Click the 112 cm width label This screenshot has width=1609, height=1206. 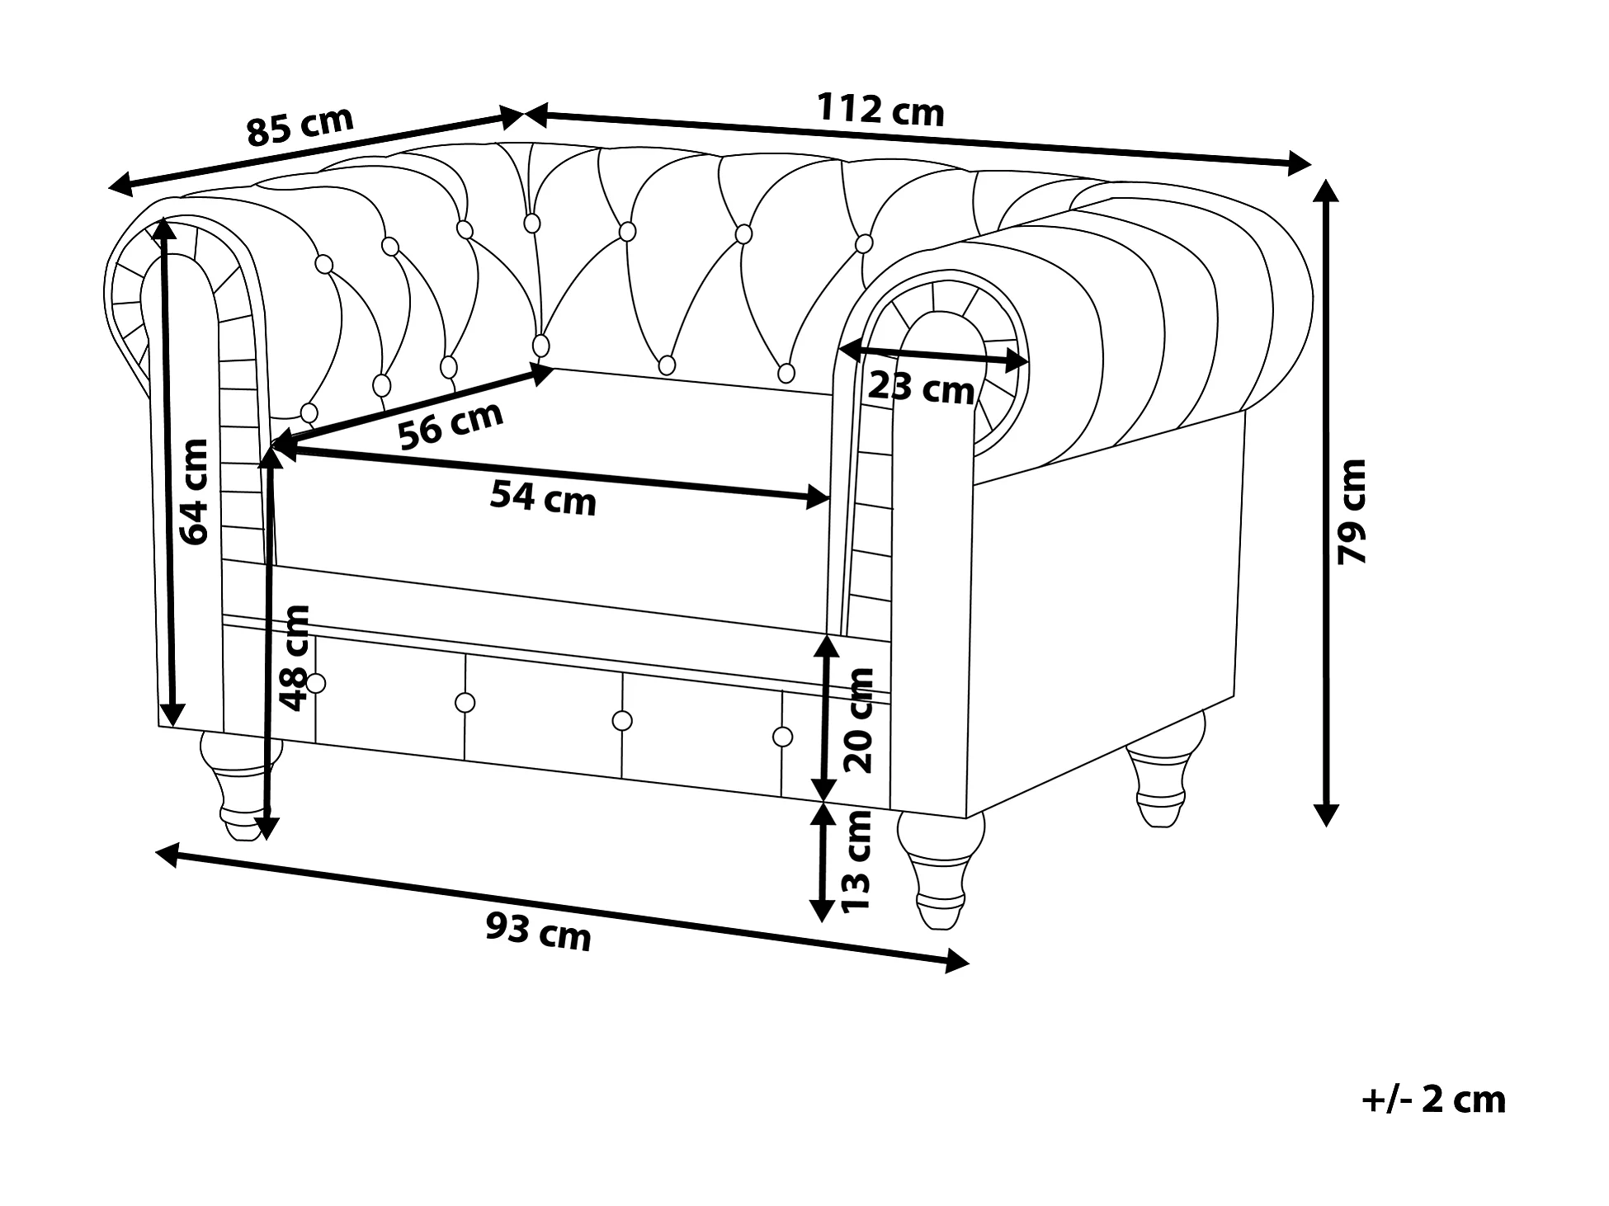click(880, 110)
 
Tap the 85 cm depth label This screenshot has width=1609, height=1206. click(300, 126)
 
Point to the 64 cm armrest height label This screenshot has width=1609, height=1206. click(195, 492)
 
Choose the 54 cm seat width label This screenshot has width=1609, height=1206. click(543, 498)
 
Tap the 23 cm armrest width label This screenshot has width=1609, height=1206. click(921, 387)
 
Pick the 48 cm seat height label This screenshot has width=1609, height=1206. click(295, 657)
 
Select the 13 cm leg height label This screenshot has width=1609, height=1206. click(856, 860)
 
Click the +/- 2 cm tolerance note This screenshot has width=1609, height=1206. click(1434, 1100)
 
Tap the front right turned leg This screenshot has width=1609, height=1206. click(941, 870)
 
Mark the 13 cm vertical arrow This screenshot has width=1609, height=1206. click(822, 862)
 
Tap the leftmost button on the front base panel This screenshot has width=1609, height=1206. click(316, 683)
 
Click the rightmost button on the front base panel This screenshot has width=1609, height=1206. click(783, 736)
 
